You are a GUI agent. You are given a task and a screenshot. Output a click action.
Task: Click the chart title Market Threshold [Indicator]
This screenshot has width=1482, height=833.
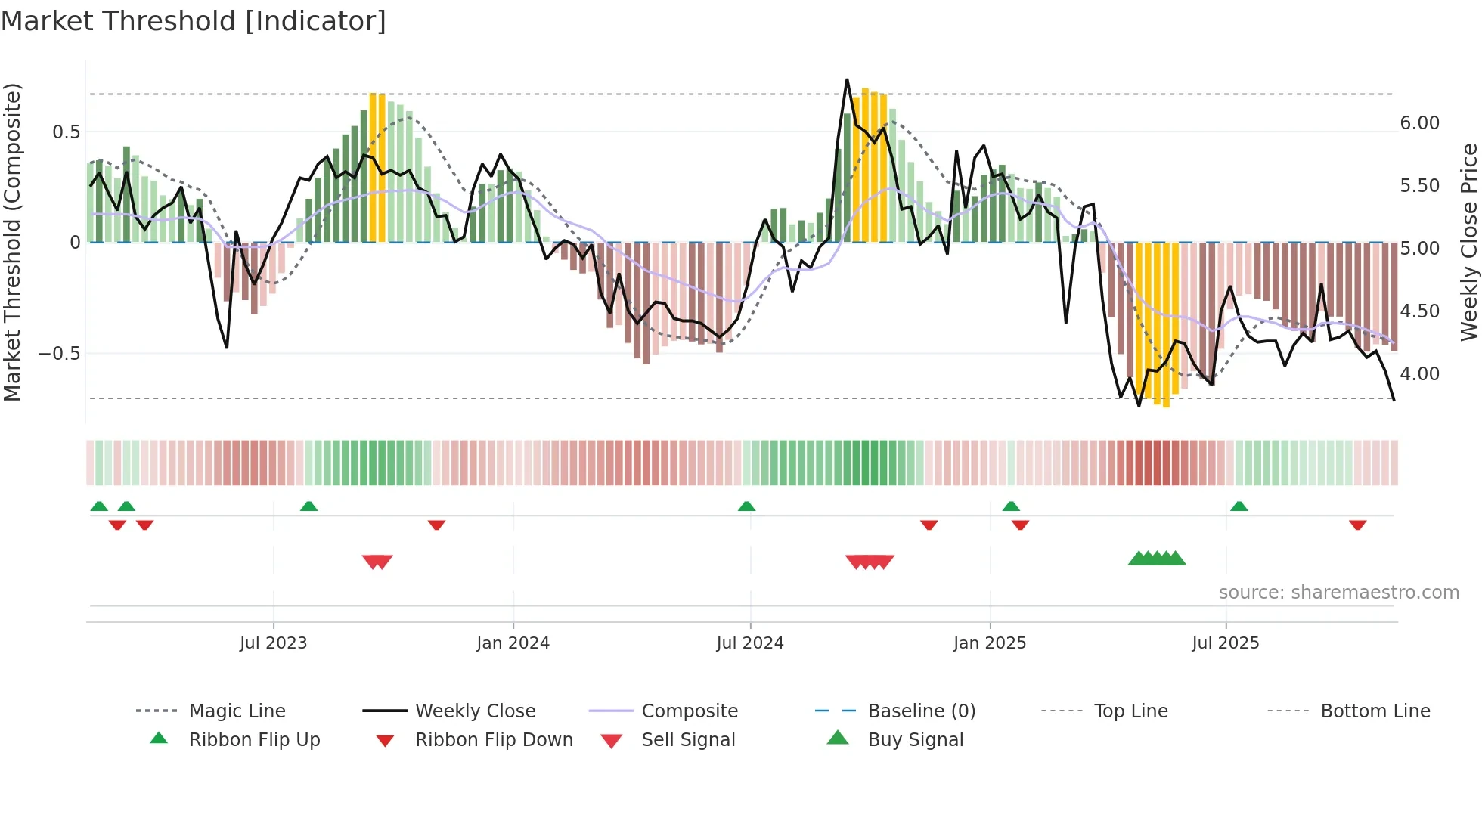coord(194,21)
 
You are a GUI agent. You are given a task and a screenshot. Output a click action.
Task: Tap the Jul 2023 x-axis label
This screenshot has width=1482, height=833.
coord(273,643)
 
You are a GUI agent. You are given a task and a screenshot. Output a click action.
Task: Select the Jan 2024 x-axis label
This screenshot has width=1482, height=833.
coord(513,643)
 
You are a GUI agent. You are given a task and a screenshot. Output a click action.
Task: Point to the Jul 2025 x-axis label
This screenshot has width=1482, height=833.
coord(1225,643)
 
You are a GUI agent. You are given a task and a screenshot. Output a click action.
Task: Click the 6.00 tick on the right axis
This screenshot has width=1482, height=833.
coord(1419,123)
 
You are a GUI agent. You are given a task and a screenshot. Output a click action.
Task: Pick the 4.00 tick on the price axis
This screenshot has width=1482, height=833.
coord(1419,374)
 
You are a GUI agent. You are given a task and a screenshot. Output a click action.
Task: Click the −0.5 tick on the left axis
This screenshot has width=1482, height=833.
coord(59,354)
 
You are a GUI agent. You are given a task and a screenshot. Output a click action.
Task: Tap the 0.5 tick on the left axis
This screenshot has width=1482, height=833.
coord(66,132)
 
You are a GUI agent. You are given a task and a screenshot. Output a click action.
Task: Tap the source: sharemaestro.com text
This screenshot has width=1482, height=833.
coord(1338,593)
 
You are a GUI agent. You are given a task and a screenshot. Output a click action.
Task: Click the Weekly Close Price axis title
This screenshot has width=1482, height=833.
coord(1468,242)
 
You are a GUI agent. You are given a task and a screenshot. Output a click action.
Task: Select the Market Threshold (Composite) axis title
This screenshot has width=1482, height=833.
coord(12,242)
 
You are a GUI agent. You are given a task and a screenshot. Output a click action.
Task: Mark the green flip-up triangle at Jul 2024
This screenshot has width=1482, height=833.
coord(746,506)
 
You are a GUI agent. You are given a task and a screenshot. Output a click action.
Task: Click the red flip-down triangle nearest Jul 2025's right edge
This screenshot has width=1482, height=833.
coord(1357,525)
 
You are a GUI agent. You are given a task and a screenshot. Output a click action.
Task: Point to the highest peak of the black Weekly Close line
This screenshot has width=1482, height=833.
coord(847,79)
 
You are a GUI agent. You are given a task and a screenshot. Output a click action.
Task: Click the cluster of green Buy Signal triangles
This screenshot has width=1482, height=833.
coord(1157,559)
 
